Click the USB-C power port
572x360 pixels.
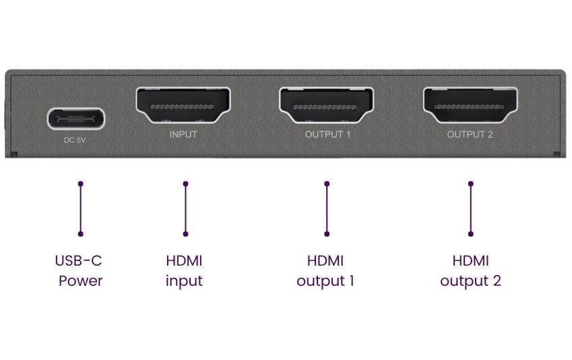[x=76, y=119]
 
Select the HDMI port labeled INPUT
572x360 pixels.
[x=183, y=105]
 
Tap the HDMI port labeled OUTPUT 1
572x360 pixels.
[x=327, y=105]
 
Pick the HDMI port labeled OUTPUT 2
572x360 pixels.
[x=470, y=105]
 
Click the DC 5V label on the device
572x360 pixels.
[x=76, y=141]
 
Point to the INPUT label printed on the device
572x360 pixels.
[x=183, y=134]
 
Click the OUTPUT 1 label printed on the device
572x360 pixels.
[x=327, y=134]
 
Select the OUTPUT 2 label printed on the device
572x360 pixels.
[x=470, y=134]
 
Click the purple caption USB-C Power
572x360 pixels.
[x=80, y=271]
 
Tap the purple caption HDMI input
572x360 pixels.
[x=184, y=271]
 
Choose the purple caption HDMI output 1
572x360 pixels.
[x=325, y=271]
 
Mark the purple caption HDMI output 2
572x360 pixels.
[x=470, y=271]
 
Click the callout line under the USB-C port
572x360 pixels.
[x=80, y=209]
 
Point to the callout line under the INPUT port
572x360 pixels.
[x=185, y=209]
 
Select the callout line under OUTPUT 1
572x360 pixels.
[x=327, y=209]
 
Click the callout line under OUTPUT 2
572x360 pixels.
[x=470, y=209]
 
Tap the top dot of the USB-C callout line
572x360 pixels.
[x=80, y=183]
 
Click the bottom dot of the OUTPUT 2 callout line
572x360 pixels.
[x=470, y=234]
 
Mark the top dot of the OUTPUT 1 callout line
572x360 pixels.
[x=327, y=183]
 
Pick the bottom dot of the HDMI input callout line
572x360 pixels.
[x=185, y=234]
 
